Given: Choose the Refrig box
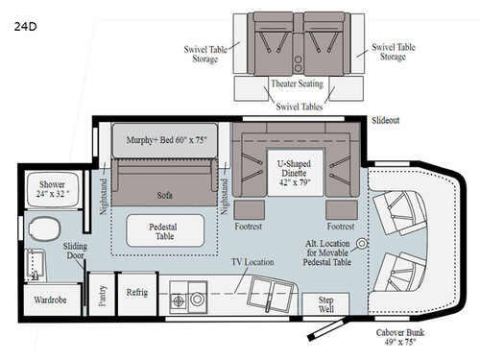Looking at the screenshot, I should coord(132,293).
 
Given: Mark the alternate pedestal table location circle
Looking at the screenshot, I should coord(361,243).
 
